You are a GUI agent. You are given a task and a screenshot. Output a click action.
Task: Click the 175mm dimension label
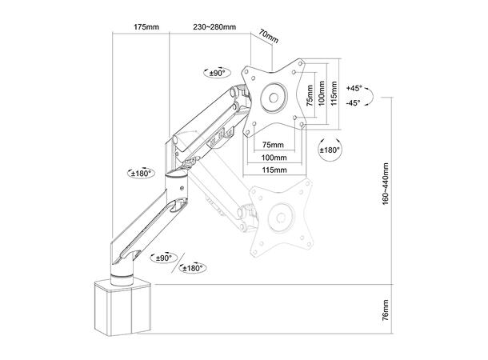click(x=146, y=26)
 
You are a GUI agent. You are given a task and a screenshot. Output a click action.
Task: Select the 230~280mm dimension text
click(x=214, y=26)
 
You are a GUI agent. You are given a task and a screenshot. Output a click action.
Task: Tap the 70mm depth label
click(x=269, y=38)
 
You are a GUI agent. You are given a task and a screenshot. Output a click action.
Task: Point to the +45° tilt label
click(x=354, y=88)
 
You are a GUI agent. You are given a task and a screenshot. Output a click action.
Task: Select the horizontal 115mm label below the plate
click(x=274, y=170)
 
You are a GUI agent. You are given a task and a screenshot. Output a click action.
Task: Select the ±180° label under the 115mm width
click(x=329, y=150)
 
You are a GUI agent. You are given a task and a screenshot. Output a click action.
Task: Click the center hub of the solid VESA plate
click(x=274, y=98)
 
